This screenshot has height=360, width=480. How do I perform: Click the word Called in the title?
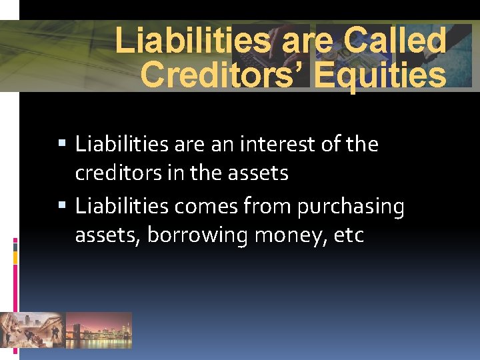tap(395, 41)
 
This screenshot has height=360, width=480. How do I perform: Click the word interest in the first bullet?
tap(266, 144)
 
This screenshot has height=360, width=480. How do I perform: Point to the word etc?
tap(350, 236)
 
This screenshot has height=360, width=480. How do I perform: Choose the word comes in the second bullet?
tap(201, 207)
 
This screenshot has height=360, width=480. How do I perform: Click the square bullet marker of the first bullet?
tap(63, 144)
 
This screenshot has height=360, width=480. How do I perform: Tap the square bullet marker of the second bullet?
tap(63, 207)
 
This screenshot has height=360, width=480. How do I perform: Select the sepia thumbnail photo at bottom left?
tap(32, 330)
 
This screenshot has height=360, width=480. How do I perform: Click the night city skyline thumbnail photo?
tap(99, 330)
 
